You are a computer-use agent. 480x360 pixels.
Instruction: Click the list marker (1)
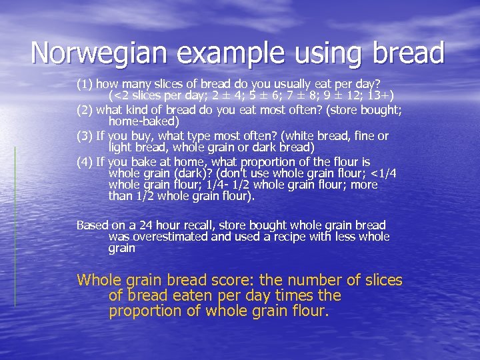tap(85, 85)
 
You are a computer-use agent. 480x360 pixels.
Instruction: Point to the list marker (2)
tap(85, 110)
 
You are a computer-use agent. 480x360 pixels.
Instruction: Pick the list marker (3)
tap(85, 136)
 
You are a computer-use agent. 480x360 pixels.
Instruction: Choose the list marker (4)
tap(85, 162)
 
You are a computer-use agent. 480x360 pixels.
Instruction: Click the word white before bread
tap(293, 136)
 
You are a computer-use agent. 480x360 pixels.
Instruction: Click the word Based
tap(91, 226)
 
